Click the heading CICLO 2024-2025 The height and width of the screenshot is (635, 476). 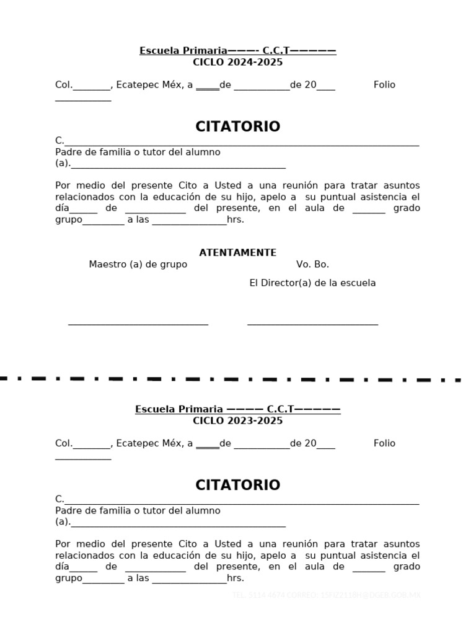click(237, 62)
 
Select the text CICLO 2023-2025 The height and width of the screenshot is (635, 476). click(237, 420)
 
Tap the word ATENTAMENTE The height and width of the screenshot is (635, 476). click(237, 252)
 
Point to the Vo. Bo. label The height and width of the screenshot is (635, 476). click(312, 264)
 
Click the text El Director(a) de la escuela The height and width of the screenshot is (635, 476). click(312, 283)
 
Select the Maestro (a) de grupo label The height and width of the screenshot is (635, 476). click(138, 264)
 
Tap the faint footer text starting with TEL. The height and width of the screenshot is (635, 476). click(326, 595)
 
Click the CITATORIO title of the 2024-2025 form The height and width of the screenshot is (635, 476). click(237, 127)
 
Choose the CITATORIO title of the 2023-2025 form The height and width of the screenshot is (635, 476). click(237, 485)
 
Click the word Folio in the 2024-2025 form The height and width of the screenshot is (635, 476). click(384, 85)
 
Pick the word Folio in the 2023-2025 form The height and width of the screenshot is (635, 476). click(384, 443)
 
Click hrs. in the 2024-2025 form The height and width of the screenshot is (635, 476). click(236, 220)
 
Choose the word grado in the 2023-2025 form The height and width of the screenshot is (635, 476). click(407, 566)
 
